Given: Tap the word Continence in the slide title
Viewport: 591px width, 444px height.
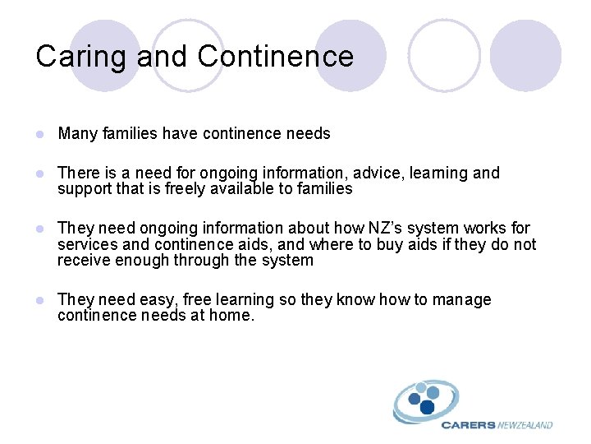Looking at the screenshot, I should tap(276, 56).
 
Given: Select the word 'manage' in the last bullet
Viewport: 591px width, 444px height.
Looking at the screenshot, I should tap(462, 299).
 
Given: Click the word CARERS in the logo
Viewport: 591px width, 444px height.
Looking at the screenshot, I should tap(468, 425).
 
